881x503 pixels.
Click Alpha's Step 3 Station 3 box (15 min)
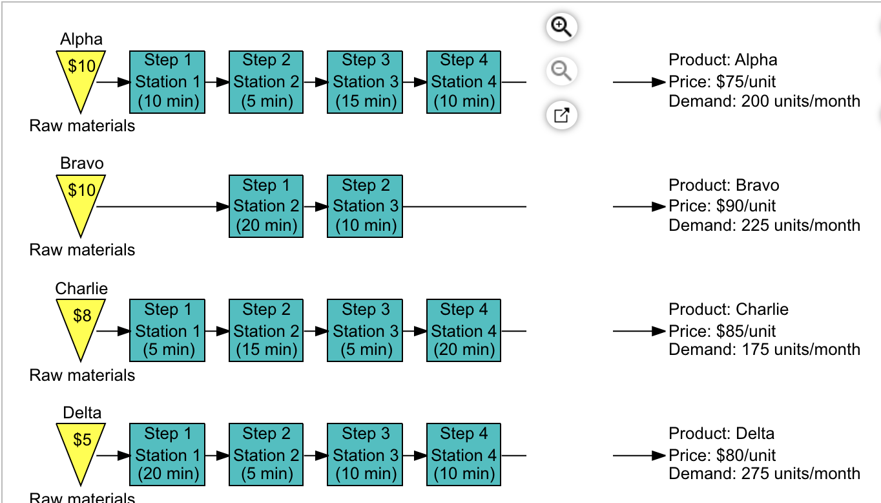pos(365,82)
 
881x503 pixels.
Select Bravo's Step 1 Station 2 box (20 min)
pos(266,206)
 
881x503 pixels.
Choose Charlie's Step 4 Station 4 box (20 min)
pos(463,330)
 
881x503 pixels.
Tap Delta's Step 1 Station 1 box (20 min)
pos(167,455)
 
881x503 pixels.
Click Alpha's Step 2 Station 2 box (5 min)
pos(266,82)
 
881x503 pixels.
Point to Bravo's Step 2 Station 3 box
pos(365,206)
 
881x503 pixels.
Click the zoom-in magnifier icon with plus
pos(561,27)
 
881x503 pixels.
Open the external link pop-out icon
pos(561,116)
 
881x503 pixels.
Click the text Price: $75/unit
pos(722,81)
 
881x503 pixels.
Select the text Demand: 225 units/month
pos(764,225)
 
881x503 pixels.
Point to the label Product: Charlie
pos(729,309)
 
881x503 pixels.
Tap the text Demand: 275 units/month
pos(764,473)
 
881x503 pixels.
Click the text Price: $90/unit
pos(722,206)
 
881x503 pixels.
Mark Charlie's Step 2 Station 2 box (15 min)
pos(266,330)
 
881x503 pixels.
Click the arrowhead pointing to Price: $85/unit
pos(658,331)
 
